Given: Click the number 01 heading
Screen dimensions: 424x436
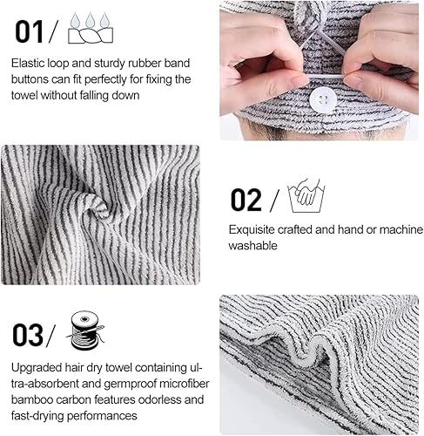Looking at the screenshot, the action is pyautogui.click(x=29, y=31).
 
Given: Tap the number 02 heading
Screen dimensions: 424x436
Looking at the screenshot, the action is pyautogui.click(x=246, y=200).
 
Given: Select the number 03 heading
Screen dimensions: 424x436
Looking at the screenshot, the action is pyautogui.click(x=27, y=335).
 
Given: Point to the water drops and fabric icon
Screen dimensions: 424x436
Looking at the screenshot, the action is pyautogui.click(x=91, y=28).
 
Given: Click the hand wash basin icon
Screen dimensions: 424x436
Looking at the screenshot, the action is pyautogui.click(x=306, y=195).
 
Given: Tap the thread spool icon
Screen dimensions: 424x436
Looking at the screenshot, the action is pyautogui.click(x=86, y=330).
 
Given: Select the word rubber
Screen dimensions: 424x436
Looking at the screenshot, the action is pyautogui.click(x=145, y=63).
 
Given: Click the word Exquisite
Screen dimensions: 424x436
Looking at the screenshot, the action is pyautogui.click(x=252, y=230).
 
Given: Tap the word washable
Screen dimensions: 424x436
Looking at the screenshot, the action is pyautogui.click(x=252, y=246).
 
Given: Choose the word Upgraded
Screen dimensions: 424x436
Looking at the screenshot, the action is pyautogui.click(x=37, y=368).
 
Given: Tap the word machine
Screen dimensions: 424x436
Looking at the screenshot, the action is pyautogui.click(x=401, y=230).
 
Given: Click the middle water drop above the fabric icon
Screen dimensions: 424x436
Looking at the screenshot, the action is pyautogui.click(x=90, y=20).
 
